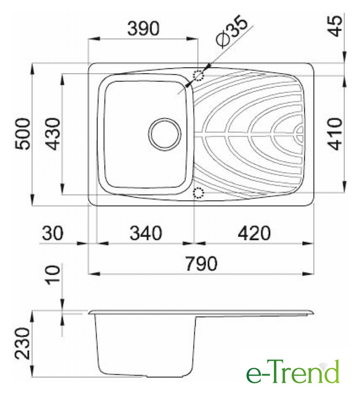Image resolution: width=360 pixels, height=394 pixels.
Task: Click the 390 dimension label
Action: pos(143,28)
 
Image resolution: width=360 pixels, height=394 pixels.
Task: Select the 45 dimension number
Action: pos(335,26)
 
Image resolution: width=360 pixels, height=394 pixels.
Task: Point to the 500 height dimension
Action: pos(23,134)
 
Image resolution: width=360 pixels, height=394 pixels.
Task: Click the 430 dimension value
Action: pos(53,134)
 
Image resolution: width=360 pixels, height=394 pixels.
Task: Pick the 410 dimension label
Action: pos(335,134)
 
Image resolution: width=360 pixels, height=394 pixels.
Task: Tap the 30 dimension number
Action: pos(52,233)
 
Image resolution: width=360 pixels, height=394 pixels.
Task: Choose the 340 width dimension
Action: pos(146,233)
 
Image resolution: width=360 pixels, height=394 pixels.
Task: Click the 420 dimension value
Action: pos(254,233)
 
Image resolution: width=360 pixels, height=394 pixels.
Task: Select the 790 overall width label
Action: pos(201,263)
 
